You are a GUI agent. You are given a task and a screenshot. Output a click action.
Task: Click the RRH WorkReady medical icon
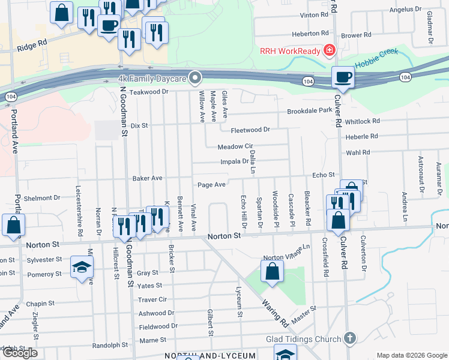[328, 51]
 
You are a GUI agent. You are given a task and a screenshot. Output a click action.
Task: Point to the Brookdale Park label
[309, 111]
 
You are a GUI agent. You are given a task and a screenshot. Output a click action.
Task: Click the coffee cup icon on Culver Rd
[343, 77]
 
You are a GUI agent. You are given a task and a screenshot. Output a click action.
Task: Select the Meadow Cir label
[235, 146]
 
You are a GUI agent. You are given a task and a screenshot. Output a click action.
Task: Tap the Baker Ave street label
[148, 178]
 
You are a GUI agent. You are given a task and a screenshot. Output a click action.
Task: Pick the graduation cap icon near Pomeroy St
[82, 268]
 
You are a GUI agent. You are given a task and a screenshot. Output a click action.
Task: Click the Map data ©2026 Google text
[412, 355]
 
